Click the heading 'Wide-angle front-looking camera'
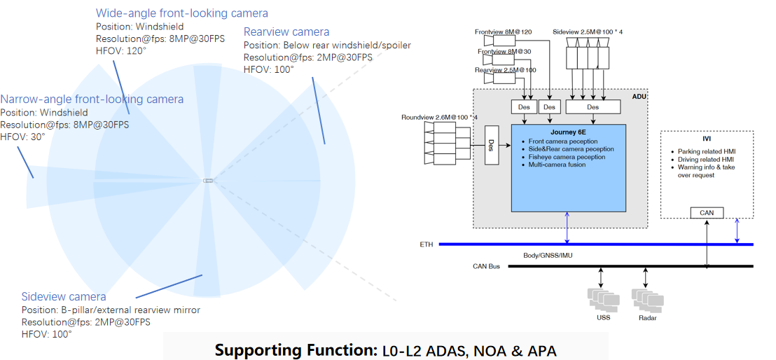(181, 13)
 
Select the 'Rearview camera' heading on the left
(286, 32)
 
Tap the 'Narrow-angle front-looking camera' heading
(92, 99)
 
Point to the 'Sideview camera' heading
(64, 297)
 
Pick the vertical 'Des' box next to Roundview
(490, 145)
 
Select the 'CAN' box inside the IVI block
(706, 213)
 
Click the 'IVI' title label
(707, 139)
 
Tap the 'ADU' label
(639, 97)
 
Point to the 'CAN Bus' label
(486, 266)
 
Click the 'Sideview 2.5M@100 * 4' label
(588, 32)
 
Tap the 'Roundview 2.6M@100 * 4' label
(439, 117)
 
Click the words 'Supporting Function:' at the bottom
(295, 349)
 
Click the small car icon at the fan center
(208, 181)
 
